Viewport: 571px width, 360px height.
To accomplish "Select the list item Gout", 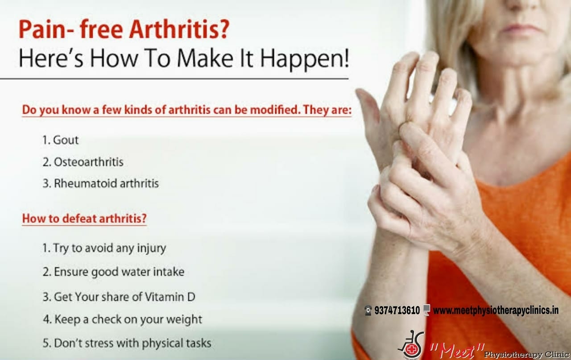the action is coord(61,140).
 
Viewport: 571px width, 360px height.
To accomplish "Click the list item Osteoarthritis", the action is coord(83,162).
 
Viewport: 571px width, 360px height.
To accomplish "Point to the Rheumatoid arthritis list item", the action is coord(101,183).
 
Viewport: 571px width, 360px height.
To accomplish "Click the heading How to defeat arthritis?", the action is coord(84,219).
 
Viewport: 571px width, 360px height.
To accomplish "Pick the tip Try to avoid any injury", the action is coord(104,248).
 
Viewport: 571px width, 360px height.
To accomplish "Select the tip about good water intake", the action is coord(113,272).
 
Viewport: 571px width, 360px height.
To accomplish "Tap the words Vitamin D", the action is coord(170,297).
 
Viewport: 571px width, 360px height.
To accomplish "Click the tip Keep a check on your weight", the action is coord(123,319).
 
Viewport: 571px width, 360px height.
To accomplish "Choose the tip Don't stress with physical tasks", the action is coord(127,343).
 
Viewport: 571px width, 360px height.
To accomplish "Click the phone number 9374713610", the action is coord(397,310).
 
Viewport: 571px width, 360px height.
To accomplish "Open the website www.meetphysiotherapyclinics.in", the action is coord(496,310).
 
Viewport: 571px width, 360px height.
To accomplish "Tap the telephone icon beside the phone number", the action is coord(368,310).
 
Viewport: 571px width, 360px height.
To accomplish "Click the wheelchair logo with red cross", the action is coord(411,345).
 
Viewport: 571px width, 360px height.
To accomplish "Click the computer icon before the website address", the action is coord(426,310).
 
